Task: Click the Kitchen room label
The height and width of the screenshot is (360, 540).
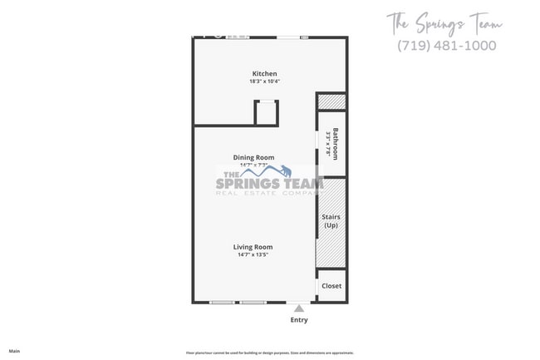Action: click(x=264, y=74)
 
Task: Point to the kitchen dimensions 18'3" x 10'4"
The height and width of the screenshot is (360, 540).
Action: click(x=264, y=81)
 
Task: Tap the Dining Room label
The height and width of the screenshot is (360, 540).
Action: click(x=253, y=157)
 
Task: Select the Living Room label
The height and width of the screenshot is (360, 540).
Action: click(x=253, y=247)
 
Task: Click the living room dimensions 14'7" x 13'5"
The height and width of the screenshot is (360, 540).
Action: click(x=253, y=254)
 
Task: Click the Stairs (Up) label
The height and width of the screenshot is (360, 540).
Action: click(x=331, y=221)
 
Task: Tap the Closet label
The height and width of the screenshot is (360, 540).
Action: click(x=331, y=286)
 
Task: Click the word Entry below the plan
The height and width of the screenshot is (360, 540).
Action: click(x=298, y=320)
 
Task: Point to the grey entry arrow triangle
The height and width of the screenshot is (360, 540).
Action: click(x=298, y=308)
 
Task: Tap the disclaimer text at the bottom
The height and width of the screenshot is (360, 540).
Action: click(x=269, y=353)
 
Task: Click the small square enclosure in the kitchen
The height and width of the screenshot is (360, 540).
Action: click(x=266, y=111)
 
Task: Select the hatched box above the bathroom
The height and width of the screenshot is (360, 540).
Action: click(x=331, y=102)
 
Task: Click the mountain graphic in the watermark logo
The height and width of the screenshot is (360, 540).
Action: click(x=264, y=172)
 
